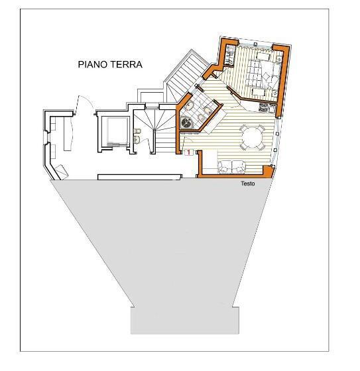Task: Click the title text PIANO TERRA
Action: pos(111,64)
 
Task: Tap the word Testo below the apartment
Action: pos(249,184)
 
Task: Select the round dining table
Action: pos(252,138)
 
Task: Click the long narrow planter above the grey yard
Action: pos(139,177)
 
